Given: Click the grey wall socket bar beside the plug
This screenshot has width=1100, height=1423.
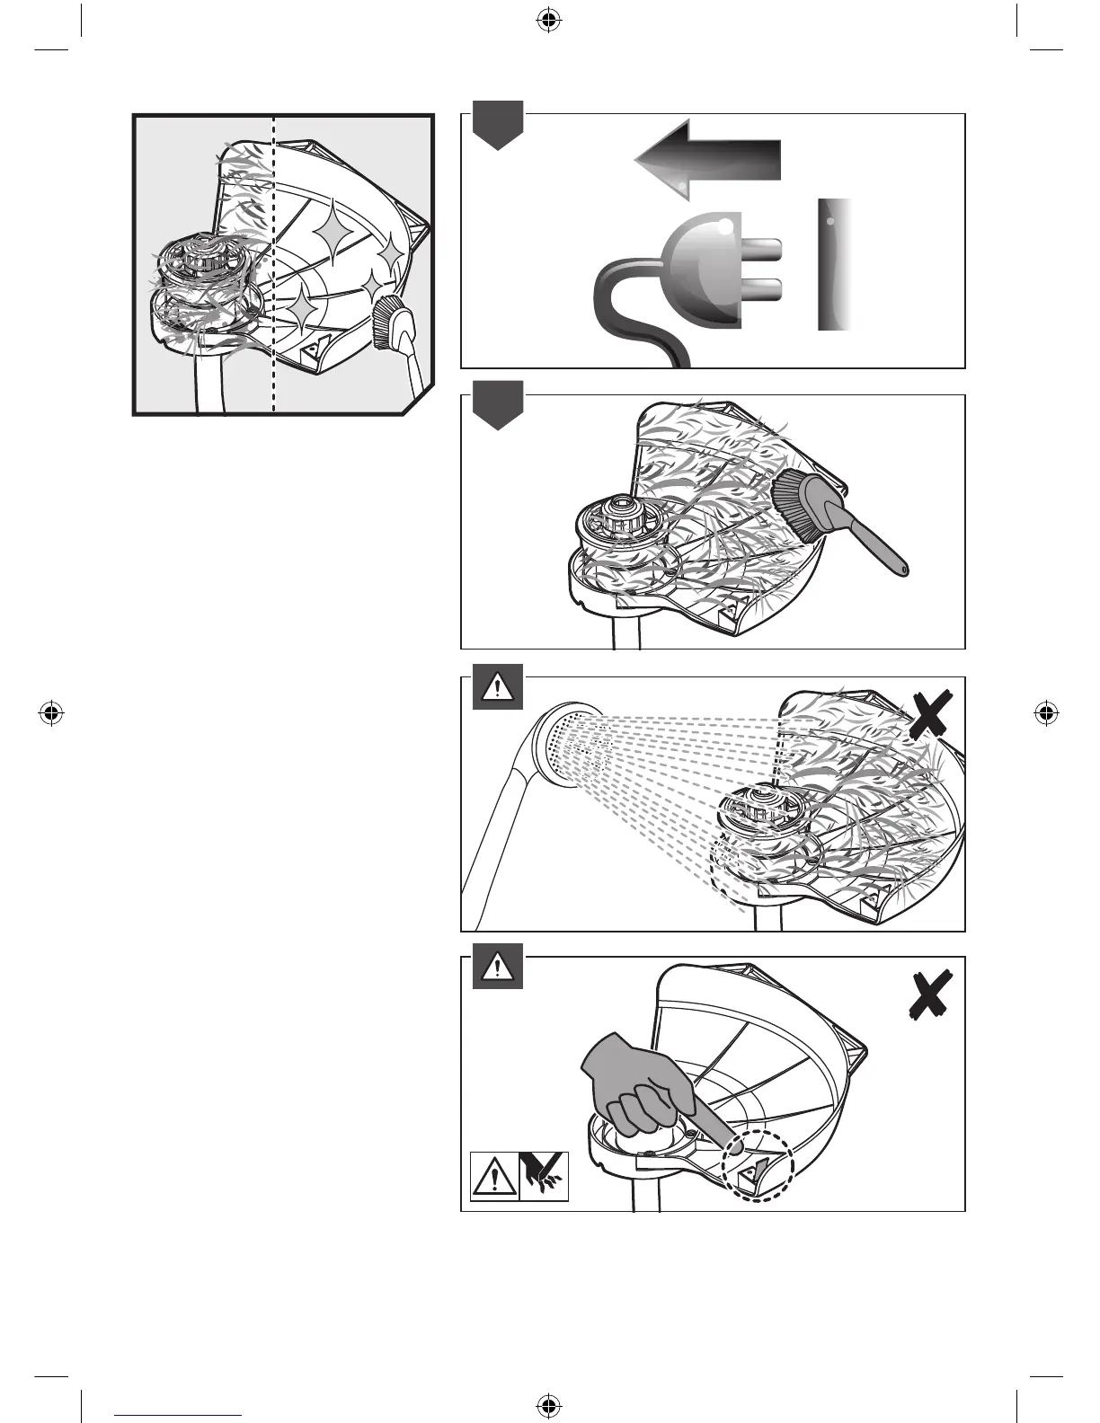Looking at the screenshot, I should tap(835, 264).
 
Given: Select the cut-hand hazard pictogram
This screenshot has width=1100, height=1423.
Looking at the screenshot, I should tap(544, 1175).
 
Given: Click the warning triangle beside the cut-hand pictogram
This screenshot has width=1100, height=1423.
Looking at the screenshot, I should tap(495, 1176).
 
